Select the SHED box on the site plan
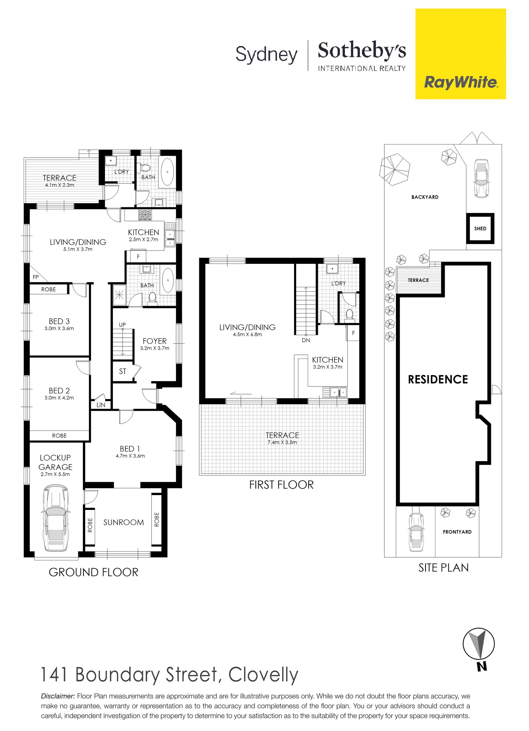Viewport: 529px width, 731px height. [480, 229]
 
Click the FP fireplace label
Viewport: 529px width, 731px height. [36, 277]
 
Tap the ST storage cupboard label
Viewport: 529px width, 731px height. [122, 371]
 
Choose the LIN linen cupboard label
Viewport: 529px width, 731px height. [101, 405]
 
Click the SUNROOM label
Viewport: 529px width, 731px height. [123, 522]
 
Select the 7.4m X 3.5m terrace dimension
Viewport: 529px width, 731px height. [282, 442]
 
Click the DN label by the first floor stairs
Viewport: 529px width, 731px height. [306, 340]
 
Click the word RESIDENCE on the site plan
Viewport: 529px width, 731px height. [438, 379]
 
